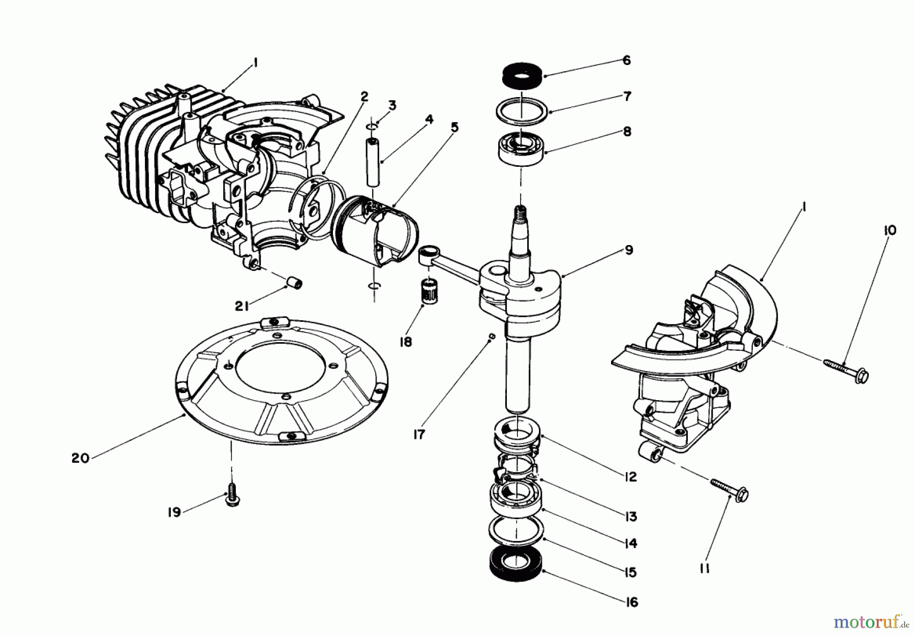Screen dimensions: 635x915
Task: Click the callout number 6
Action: (x=626, y=61)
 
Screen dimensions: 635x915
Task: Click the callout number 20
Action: (x=80, y=459)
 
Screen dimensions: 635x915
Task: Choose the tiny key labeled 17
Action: (x=492, y=337)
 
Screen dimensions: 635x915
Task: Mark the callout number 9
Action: (x=629, y=250)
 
